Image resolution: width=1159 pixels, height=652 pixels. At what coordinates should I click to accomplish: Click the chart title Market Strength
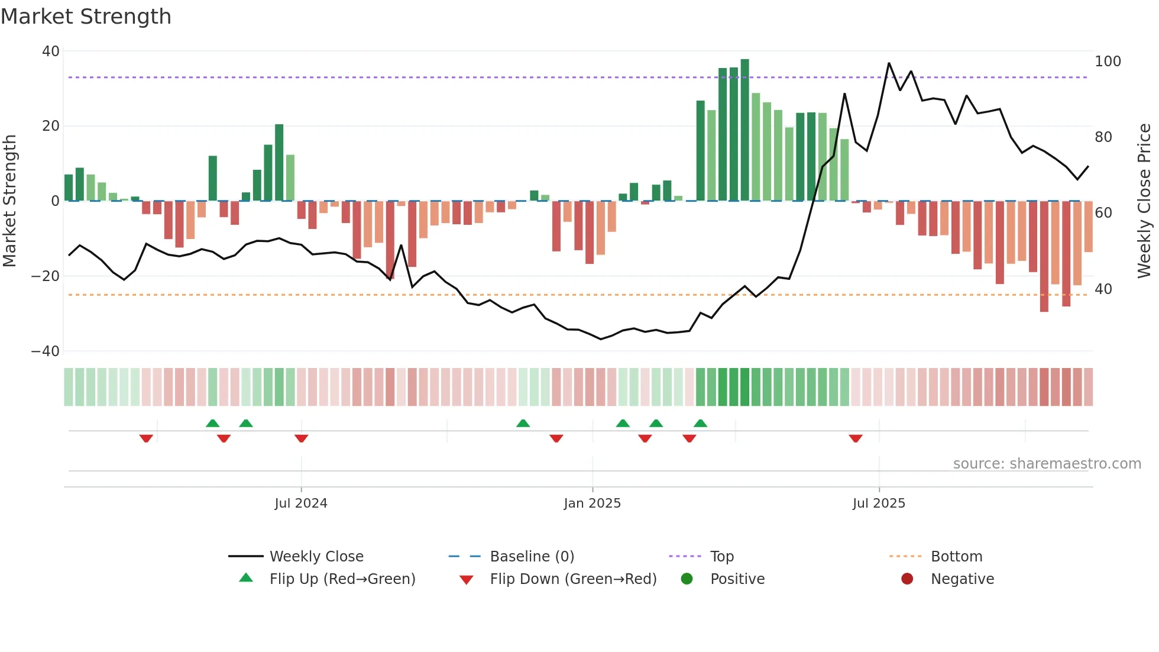86,17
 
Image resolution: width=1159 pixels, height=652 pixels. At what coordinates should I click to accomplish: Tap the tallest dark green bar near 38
744,130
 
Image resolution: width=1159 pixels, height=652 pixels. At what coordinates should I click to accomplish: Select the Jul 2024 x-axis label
300,503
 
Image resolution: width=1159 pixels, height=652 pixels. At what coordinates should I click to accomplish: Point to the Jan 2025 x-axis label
592,503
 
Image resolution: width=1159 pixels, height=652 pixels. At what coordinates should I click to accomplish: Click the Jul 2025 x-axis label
879,503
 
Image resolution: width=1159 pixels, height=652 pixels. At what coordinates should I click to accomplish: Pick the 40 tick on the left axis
51,51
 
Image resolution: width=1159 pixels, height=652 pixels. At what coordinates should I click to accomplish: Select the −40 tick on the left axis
46,351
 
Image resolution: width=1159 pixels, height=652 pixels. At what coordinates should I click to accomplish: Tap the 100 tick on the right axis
1108,62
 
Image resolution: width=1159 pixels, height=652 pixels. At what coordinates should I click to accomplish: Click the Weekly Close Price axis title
1144,201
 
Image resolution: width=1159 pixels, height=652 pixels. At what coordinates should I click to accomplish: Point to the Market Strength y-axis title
10,201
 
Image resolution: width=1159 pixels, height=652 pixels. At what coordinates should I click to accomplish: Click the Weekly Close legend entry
316,557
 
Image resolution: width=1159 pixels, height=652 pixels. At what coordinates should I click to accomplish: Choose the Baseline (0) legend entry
532,557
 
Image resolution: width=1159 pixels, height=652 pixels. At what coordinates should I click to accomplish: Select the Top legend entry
721,557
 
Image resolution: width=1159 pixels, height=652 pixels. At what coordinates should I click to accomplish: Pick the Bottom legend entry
956,557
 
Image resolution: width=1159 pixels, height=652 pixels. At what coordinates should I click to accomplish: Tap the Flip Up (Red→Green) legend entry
342,579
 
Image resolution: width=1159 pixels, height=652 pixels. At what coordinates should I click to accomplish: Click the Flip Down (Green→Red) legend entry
572,579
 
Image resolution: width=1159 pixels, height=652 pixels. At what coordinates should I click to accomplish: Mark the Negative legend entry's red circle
907,579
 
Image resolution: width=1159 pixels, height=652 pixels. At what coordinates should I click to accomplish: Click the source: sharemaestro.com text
1047,464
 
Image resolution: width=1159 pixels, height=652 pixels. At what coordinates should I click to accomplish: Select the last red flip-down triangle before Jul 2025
855,438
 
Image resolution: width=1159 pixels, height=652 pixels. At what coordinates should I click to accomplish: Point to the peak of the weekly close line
889,63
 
